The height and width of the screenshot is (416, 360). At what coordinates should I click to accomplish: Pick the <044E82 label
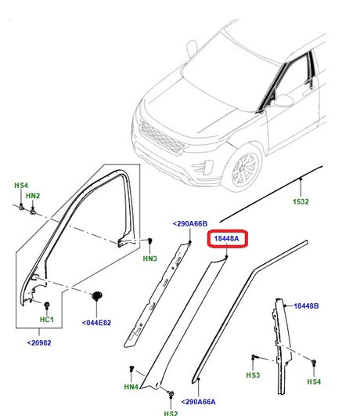[x=98, y=322]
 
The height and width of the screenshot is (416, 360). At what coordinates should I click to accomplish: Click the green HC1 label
[x=46, y=320]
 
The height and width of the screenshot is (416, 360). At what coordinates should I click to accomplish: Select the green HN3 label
[x=150, y=258]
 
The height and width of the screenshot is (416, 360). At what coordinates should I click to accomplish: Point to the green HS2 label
[x=171, y=412]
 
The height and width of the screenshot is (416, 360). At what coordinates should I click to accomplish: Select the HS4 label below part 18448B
[x=314, y=382]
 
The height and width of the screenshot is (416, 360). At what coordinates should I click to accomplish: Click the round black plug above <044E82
[x=99, y=296]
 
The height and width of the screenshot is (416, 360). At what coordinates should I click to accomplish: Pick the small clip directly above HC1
[x=46, y=303]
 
